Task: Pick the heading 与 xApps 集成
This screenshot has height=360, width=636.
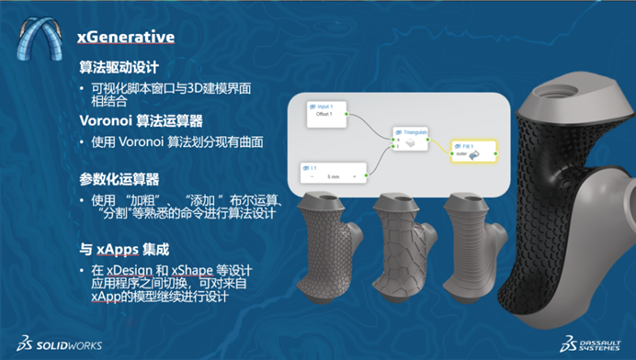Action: (125, 248)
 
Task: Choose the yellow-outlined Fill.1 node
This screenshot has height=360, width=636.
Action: (473, 152)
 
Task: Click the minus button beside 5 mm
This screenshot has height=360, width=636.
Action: (306, 175)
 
